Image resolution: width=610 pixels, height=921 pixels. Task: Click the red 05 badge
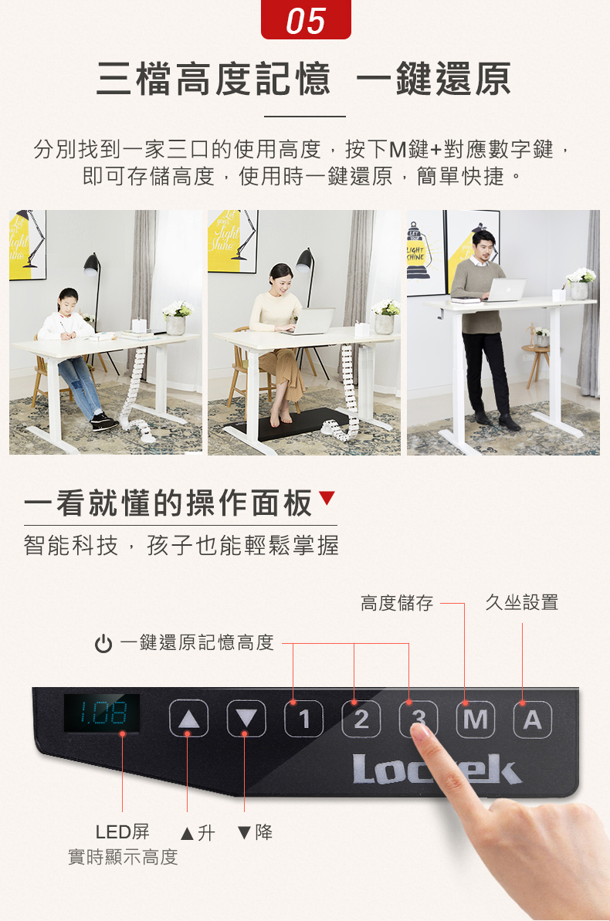(306, 20)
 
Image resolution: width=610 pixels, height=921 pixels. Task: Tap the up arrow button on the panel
(188, 718)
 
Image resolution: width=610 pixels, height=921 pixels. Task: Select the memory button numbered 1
(303, 718)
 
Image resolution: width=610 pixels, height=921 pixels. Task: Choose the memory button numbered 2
(361, 718)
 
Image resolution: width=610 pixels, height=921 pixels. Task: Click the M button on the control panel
(476, 718)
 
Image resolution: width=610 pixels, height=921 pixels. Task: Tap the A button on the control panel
(533, 718)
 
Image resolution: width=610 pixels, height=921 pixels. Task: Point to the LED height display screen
(102, 713)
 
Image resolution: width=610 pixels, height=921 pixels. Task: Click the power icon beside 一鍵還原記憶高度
(103, 644)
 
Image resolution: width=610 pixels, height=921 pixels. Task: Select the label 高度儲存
(397, 603)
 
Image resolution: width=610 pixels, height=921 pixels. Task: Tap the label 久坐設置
(522, 603)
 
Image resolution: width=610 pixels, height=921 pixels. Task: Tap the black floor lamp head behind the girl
(91, 264)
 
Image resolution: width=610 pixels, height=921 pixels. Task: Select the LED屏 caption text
(122, 831)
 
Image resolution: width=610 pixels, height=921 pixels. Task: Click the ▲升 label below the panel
(198, 832)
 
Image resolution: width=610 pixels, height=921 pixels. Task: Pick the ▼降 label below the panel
(255, 832)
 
